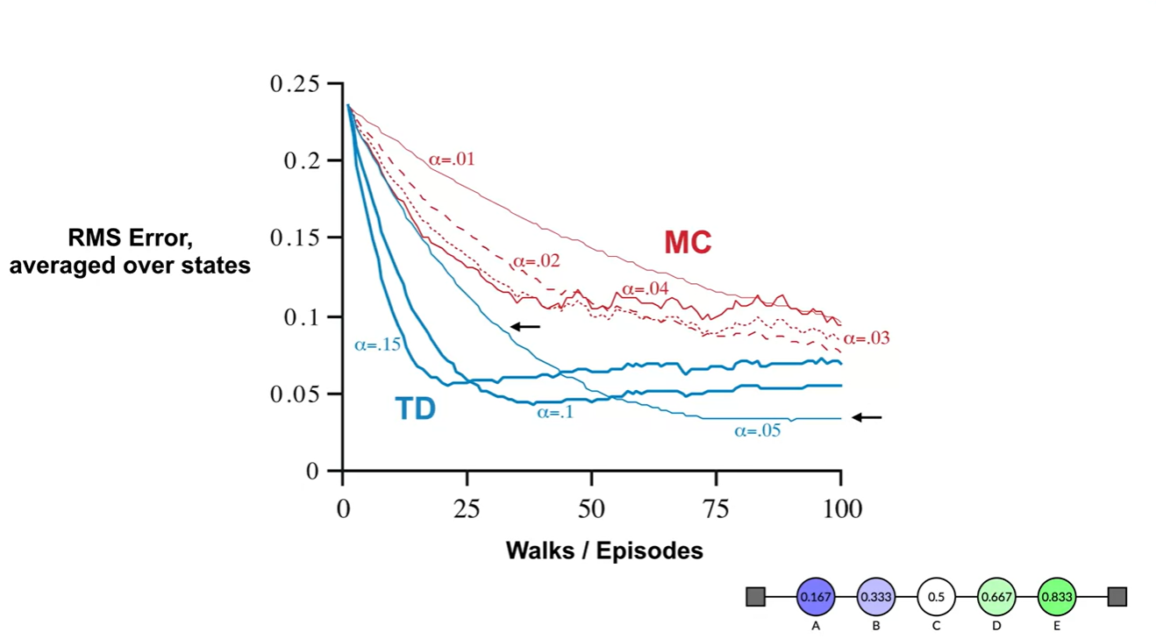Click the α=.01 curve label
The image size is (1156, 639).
452,160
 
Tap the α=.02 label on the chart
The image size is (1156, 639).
536,260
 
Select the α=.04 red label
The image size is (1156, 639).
645,289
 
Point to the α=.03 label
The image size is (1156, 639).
867,338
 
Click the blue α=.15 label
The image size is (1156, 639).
377,344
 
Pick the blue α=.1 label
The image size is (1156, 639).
555,411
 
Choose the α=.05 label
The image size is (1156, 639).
757,430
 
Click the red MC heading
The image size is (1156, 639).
688,243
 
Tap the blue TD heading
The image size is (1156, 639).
415,408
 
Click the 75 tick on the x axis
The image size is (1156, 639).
717,509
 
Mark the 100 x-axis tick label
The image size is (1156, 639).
841,509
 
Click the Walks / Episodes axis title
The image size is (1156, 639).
604,550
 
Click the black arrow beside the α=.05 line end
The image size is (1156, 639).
867,417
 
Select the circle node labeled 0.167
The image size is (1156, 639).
816,597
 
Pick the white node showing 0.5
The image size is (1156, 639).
936,597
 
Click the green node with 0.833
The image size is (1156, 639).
1056,597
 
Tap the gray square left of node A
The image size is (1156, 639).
755,597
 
